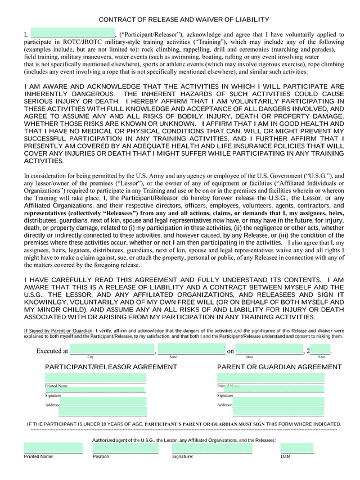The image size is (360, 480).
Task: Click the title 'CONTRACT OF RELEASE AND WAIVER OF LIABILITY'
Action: click(x=184, y=20)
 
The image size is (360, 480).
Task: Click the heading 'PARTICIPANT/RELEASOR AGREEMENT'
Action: click(x=111, y=367)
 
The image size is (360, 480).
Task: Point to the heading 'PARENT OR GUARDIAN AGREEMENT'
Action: click(x=279, y=367)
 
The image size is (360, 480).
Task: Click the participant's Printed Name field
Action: click(x=95, y=378)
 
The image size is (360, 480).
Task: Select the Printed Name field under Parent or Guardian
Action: click(x=271, y=378)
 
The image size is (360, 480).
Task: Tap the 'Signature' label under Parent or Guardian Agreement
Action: click(x=226, y=396)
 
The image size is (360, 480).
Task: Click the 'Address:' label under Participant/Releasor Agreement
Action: click(x=52, y=405)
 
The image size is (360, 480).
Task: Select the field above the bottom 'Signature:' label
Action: click(x=212, y=449)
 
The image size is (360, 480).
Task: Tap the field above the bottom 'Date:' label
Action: click(x=297, y=449)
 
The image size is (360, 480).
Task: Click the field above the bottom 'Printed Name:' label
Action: click(x=53, y=449)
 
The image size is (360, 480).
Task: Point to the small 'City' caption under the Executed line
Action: click(x=91, y=357)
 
